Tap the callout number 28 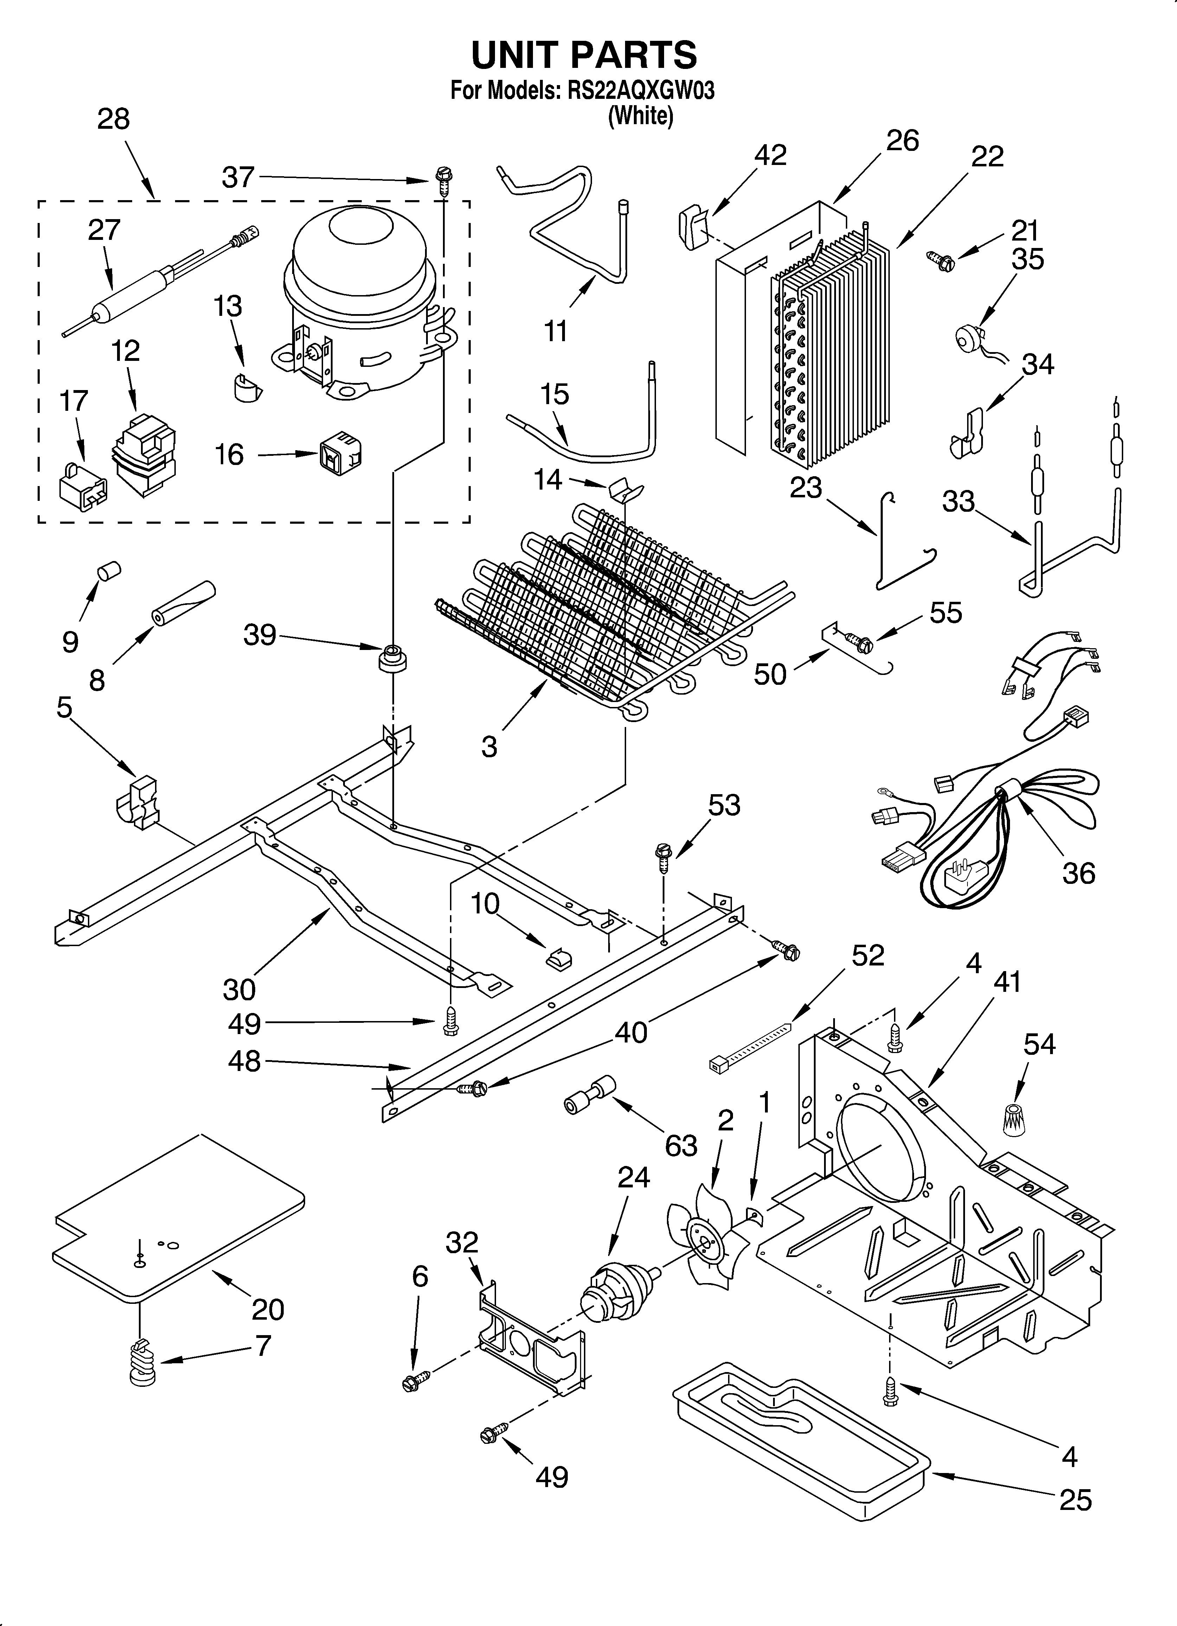point(113,119)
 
